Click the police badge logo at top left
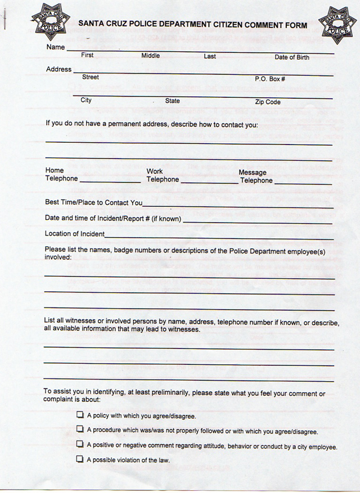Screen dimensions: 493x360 (x=49, y=20)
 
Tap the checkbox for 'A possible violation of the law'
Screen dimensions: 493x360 (x=79, y=460)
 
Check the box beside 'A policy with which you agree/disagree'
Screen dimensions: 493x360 (x=79, y=416)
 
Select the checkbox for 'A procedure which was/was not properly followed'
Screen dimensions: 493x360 (x=79, y=431)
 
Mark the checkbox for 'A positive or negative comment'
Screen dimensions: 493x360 (x=79, y=445)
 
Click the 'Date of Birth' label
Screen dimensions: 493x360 (x=291, y=57)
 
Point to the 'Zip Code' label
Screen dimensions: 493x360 (x=268, y=102)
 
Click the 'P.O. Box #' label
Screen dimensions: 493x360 (x=270, y=79)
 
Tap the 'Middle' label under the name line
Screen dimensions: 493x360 (x=150, y=56)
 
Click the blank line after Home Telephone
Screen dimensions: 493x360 (x=110, y=181)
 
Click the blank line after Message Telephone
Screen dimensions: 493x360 (x=303, y=182)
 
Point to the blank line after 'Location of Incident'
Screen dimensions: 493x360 (x=219, y=236)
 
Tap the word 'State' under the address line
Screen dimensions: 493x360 (x=172, y=101)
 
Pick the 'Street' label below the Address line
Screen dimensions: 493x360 (x=91, y=77)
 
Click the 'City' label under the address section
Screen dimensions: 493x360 (x=86, y=100)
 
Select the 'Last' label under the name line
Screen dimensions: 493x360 (x=210, y=56)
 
